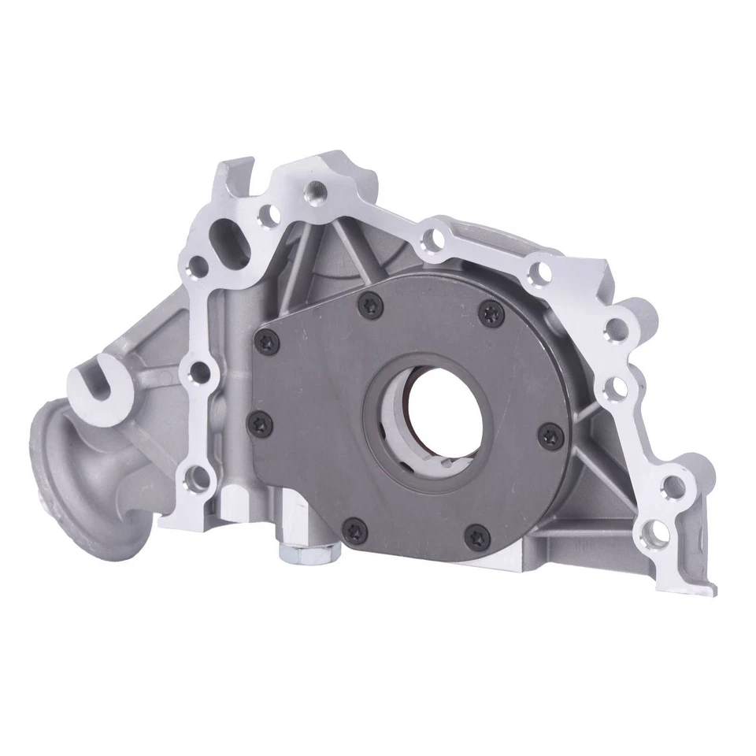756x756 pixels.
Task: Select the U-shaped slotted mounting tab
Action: pyautogui.click(x=102, y=381)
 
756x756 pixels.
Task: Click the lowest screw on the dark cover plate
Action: pyautogui.click(x=478, y=538)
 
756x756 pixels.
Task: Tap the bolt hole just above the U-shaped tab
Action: pyautogui.click(x=198, y=370)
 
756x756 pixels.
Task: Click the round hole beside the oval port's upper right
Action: pyautogui.click(x=269, y=213)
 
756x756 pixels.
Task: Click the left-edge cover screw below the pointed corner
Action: pyautogui.click(x=261, y=423)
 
